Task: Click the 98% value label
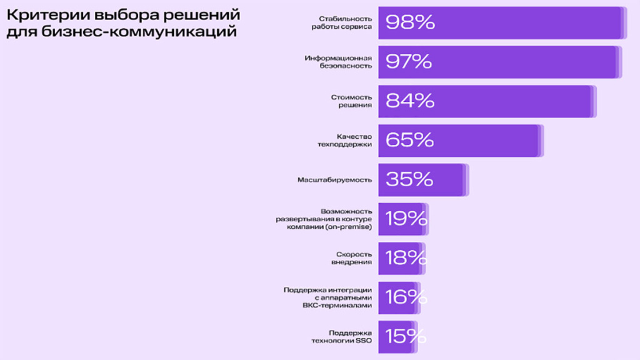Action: click(410, 22)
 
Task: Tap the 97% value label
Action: click(409, 62)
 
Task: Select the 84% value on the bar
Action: click(410, 101)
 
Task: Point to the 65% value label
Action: click(410, 140)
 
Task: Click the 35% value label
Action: click(409, 179)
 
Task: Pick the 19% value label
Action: click(406, 219)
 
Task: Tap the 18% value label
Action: click(406, 257)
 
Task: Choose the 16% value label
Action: click(406, 297)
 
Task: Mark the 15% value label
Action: click(406, 336)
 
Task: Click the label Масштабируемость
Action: click(335, 179)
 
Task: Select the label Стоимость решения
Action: click(351, 101)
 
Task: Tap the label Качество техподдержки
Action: click(345, 140)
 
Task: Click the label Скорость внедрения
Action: click(354, 258)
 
